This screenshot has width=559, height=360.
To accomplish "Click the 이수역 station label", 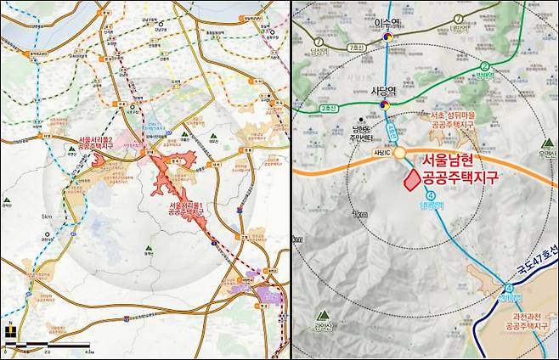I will tap(387, 25).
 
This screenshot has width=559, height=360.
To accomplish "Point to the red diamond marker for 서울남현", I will tap(411, 179).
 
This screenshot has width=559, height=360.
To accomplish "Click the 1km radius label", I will tap(363, 215).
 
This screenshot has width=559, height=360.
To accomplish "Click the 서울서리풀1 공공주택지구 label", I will tap(186, 210).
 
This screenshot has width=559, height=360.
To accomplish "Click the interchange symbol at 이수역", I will tap(388, 37).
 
